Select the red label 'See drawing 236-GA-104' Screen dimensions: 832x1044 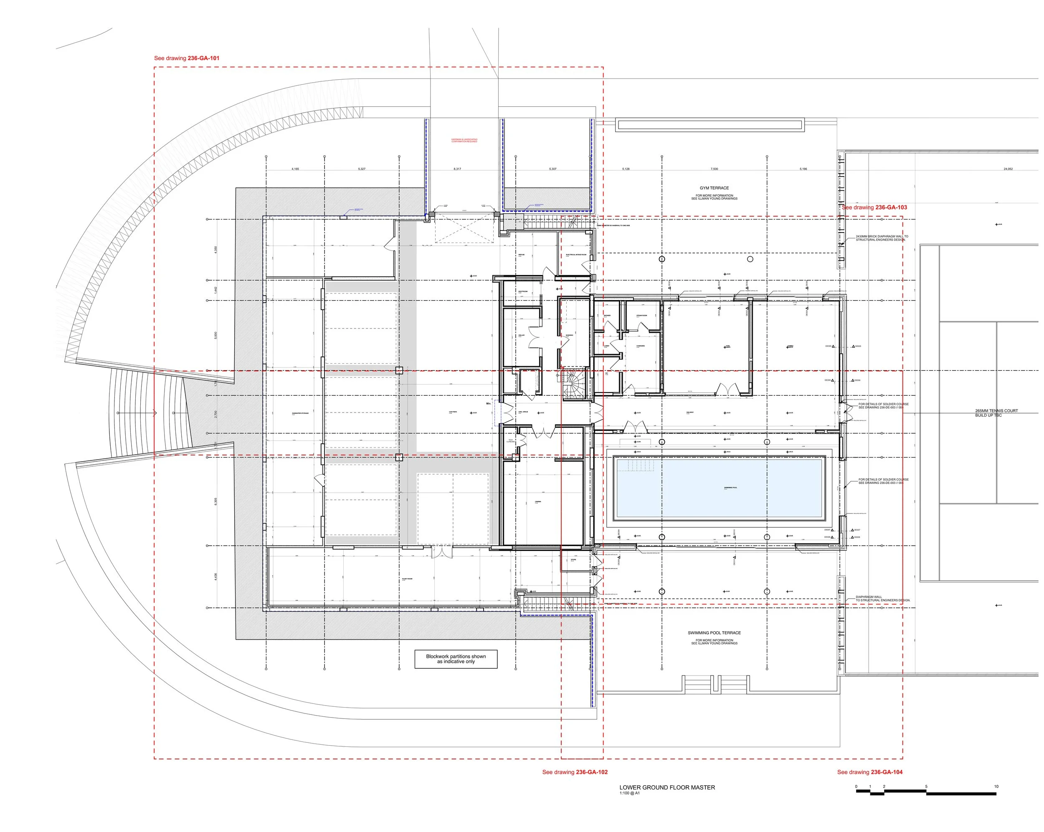coord(870,772)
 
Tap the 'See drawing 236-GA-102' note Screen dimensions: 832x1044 coord(575,772)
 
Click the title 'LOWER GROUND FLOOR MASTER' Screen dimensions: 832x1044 coord(667,787)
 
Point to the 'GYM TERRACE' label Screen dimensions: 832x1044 coord(714,188)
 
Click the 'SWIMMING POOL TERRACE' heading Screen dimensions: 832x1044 coord(714,632)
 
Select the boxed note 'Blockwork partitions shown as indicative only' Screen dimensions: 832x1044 coord(456,659)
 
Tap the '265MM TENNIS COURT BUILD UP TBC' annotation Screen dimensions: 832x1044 coord(996,413)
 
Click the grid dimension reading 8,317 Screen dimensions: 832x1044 coord(457,169)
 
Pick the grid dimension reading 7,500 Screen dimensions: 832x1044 coord(714,169)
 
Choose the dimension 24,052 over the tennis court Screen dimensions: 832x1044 coord(1008,169)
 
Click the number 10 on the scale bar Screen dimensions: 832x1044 coord(996,786)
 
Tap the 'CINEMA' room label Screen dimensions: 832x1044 coord(538,502)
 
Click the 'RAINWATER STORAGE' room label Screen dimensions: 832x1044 coord(300,413)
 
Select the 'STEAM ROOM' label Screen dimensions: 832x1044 coord(641,316)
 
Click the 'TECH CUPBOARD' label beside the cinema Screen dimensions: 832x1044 coord(510,441)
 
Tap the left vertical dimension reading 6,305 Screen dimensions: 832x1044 coord(215,501)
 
